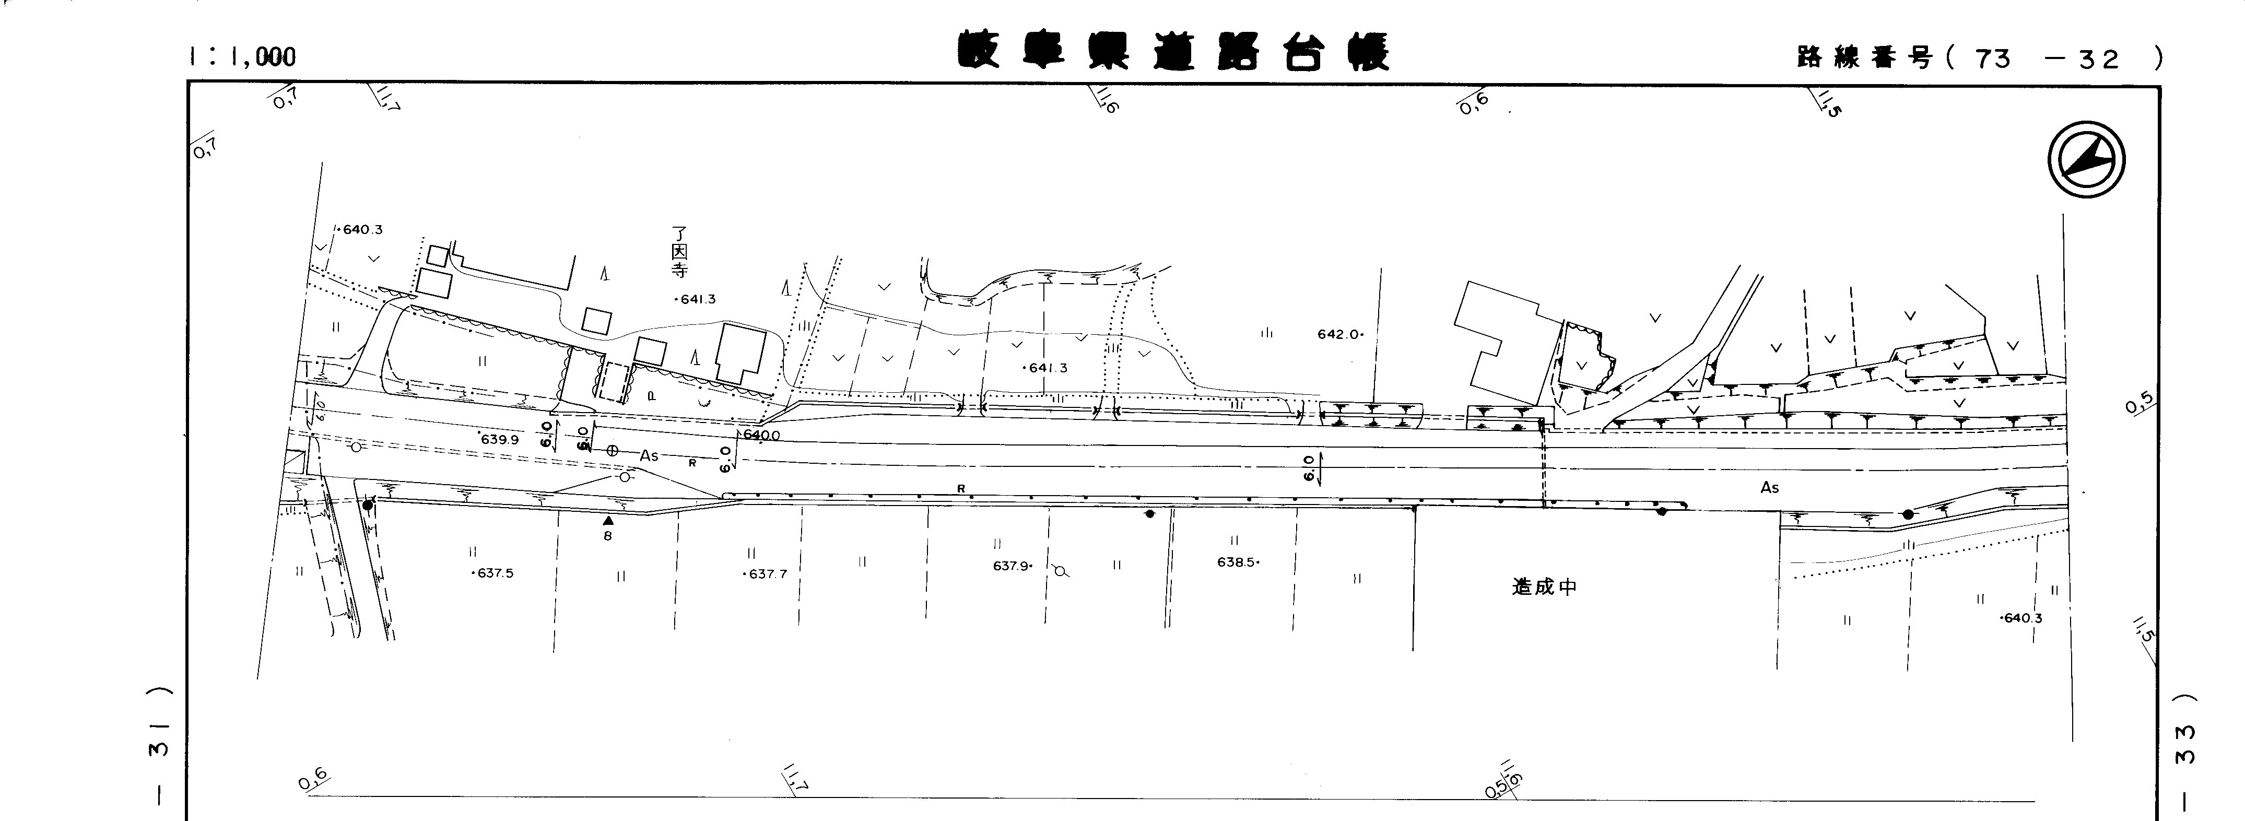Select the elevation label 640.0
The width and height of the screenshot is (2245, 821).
pyautogui.click(x=761, y=435)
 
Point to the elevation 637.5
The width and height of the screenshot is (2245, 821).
pyautogui.click(x=493, y=573)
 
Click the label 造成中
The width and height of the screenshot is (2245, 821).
pyautogui.click(x=1544, y=587)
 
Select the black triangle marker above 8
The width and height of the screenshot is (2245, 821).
pyautogui.click(x=607, y=520)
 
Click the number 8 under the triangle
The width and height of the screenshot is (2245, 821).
pyautogui.click(x=607, y=536)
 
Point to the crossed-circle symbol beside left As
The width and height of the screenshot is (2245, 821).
pyautogui.click(x=612, y=451)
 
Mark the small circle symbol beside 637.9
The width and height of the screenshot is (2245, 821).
pyautogui.click(x=1060, y=571)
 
